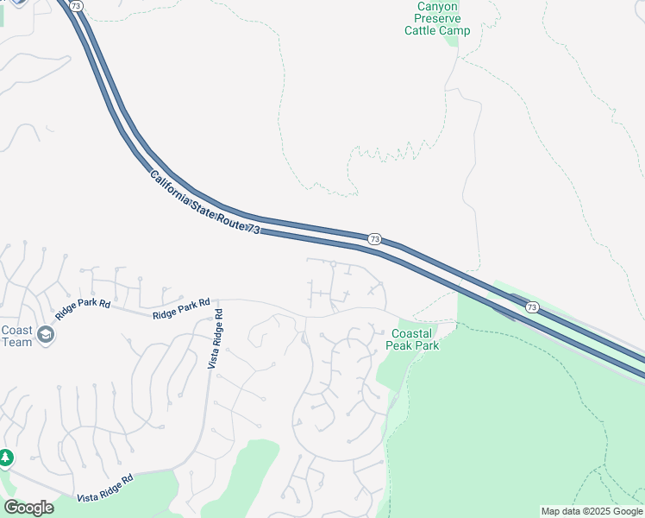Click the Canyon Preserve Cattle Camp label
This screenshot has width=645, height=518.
[x=437, y=18]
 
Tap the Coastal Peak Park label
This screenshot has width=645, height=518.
[x=416, y=339]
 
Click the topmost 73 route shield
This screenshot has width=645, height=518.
[x=77, y=6]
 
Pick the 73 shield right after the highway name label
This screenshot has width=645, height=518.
[x=374, y=238]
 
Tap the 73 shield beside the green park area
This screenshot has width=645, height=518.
[x=532, y=307]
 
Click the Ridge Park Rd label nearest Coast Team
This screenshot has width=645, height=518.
[x=84, y=309]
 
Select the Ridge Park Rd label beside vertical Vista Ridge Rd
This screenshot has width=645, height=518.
[x=181, y=309]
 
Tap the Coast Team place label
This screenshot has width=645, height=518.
[x=16, y=336]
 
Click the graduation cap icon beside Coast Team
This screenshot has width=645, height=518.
[x=46, y=335]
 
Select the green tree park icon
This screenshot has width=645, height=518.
[x=4, y=457]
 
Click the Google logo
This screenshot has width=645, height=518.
[x=28, y=508]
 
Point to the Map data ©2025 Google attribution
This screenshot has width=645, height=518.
[x=592, y=511]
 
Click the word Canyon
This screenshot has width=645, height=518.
[x=437, y=6]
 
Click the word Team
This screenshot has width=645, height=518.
[x=16, y=342]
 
